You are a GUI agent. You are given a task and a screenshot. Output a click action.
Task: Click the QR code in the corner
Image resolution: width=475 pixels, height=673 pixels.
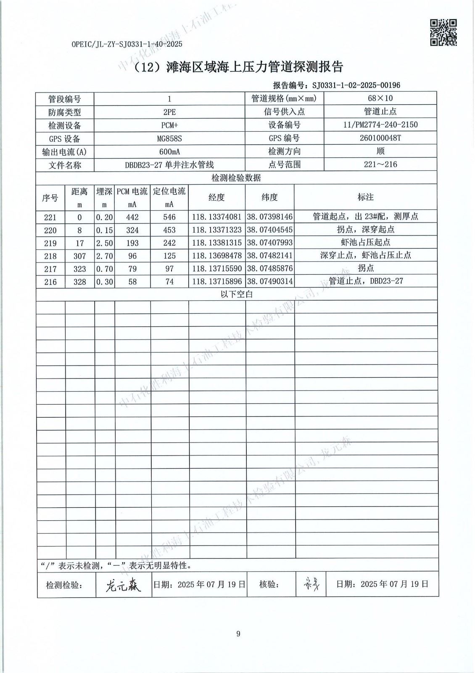coord(443,32)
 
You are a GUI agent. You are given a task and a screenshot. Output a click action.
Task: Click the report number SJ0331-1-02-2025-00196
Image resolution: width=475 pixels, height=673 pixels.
coord(356,85)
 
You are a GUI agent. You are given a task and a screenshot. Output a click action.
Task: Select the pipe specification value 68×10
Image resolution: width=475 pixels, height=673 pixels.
coord(380,98)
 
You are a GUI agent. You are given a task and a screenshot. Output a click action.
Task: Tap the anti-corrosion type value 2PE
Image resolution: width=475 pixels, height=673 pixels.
coord(169,112)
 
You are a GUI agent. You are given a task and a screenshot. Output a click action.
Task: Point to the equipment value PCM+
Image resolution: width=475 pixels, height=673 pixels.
coord(169,125)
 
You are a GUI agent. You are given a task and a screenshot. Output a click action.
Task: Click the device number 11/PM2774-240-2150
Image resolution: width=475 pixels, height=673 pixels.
coord(380,125)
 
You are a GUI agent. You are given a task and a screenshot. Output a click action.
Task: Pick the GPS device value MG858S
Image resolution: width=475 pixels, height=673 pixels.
coord(169,138)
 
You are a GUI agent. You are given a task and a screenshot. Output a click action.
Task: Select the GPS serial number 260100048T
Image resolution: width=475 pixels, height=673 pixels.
coord(380,138)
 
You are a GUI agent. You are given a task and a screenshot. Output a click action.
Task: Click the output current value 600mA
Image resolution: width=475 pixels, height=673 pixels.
coord(169,152)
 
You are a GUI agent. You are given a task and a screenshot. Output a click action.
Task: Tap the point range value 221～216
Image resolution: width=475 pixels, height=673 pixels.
coord(380,164)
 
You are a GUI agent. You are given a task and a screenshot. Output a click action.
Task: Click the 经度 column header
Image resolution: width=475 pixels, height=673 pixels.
coord(216,197)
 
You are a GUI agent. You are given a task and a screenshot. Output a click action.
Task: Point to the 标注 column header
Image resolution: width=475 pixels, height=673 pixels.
coord(365,197)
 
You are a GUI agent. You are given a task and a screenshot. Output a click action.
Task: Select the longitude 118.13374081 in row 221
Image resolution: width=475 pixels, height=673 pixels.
coord(216,217)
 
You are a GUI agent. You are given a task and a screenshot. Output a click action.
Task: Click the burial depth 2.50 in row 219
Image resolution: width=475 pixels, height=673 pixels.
coord(104,243)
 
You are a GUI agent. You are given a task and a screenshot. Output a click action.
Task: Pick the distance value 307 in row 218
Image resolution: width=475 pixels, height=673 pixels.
coord(79,256)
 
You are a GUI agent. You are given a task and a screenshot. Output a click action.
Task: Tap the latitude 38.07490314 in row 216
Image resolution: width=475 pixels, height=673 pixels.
coord(270,281)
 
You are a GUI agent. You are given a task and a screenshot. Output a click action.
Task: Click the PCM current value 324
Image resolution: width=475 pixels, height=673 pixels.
coord(132,230)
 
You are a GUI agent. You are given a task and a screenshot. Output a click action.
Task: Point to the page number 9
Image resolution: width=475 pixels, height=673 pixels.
coord(238,634)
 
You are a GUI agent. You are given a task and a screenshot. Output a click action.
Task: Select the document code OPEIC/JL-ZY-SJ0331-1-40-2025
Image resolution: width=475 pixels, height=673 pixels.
coord(127,44)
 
